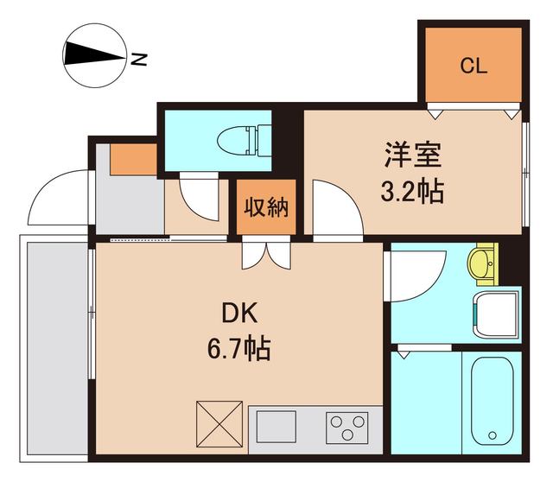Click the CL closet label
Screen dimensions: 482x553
[x=474, y=66]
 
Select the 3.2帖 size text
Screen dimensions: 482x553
[x=413, y=191]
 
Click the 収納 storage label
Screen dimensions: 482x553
[x=266, y=207]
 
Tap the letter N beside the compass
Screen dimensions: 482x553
[x=138, y=60]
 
